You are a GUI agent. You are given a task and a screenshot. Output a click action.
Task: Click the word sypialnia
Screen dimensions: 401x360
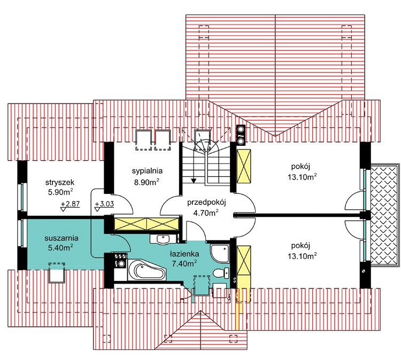point(147,171)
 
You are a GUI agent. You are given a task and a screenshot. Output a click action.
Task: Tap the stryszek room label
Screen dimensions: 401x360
point(60,183)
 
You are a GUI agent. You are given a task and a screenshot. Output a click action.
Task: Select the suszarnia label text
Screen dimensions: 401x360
point(61,238)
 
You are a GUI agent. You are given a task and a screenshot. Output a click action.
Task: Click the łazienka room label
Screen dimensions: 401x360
point(184,254)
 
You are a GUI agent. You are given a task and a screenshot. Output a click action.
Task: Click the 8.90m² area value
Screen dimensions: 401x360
point(147,182)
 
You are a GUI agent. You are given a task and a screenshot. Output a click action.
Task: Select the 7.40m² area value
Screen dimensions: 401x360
point(184,263)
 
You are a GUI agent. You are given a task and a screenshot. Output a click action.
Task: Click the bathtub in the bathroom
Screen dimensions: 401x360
point(146,270)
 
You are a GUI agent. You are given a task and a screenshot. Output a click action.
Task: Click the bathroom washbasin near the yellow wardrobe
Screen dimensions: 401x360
point(163,239)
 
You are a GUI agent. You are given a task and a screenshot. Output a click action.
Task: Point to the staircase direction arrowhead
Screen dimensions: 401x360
point(194,181)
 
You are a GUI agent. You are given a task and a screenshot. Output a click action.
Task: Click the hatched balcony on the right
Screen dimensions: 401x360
point(384,216)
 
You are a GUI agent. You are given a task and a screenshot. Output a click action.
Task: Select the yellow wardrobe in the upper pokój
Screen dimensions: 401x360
point(244,166)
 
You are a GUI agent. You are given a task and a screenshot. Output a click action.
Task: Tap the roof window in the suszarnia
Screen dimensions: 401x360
point(57,272)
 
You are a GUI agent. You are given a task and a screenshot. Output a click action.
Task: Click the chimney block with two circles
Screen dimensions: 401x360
point(241,135)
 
